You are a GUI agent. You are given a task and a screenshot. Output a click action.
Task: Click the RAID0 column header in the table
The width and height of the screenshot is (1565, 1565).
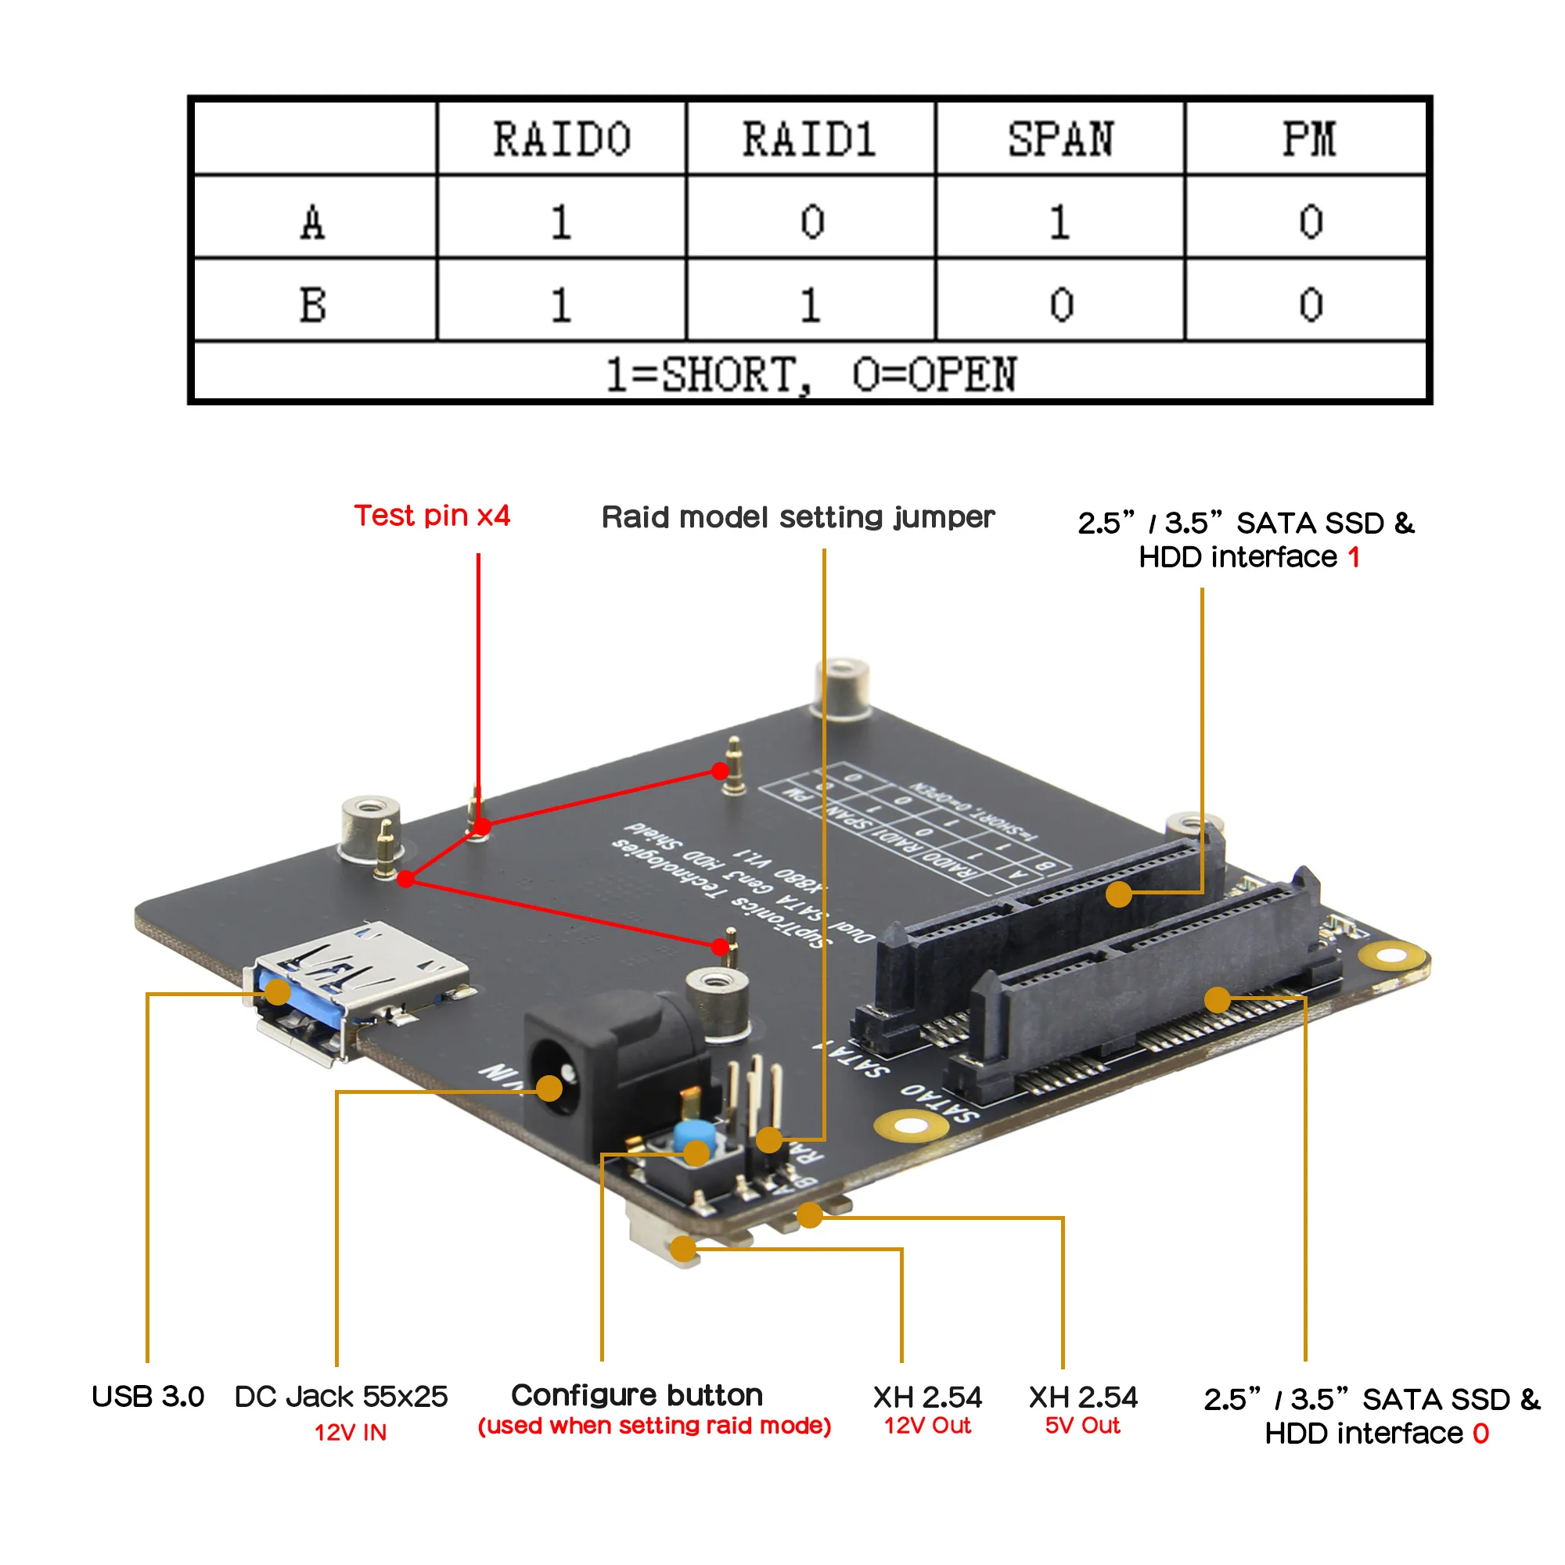pos(561,139)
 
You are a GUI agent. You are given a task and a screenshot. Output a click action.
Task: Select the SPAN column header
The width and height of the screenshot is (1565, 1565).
pos(1060,139)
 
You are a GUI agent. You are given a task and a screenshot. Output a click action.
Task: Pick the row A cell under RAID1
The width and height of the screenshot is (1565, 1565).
pos(811,221)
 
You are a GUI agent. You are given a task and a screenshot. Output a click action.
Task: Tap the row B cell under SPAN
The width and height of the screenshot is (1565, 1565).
pos(1061,304)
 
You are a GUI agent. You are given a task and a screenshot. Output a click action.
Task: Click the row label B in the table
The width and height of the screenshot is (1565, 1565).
pos(314,304)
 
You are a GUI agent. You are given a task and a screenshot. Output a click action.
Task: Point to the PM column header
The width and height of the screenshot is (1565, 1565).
pos(1309,139)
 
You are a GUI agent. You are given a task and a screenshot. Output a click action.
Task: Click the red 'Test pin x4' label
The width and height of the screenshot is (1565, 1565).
pos(432,516)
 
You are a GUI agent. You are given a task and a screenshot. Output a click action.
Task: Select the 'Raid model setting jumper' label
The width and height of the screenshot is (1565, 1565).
pos(797,516)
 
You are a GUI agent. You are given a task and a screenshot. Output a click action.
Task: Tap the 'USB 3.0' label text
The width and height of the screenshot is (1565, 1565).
pos(147,1397)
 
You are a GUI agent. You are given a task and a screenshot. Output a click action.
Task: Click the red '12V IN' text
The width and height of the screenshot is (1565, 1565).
pos(350,1432)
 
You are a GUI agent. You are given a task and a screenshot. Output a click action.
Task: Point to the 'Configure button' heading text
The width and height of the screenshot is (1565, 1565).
pos(637,1395)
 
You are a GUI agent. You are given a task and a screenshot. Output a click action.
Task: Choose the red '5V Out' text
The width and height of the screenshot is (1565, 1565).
pos(1082,1426)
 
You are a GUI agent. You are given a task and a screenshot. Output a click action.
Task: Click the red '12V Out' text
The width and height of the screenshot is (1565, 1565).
pos(926,1426)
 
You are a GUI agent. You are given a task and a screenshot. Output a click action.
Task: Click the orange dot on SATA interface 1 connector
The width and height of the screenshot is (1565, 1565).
pos(1119,894)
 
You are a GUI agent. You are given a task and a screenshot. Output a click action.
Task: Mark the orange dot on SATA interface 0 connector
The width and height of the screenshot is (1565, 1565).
pos(1217,1000)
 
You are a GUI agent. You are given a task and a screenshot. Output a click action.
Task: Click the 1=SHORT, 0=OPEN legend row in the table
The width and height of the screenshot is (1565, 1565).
pos(810,374)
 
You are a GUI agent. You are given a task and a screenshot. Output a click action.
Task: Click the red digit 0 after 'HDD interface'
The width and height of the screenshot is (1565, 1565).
pos(1480,1433)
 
